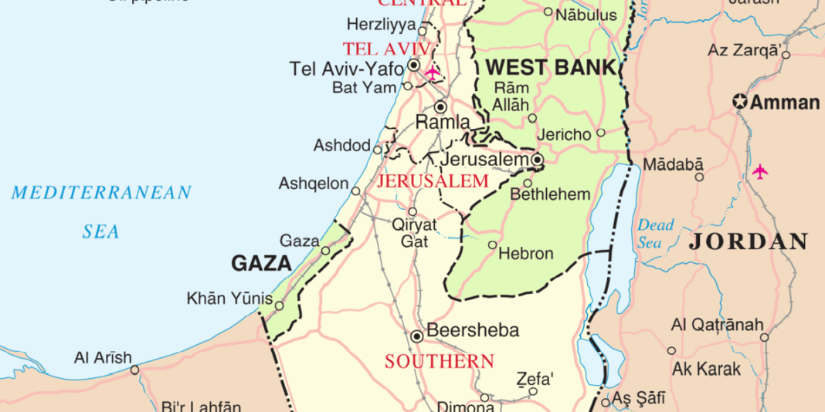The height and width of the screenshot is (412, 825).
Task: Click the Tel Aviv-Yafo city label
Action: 346,68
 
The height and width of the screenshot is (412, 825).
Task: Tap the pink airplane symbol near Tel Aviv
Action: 433,73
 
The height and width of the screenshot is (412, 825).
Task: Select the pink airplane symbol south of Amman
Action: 761,171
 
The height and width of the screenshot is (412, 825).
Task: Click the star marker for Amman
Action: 741,102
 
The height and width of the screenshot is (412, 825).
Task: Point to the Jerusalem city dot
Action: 537,160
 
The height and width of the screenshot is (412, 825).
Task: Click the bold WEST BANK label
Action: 551,67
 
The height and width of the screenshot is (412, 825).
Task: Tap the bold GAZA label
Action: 261,264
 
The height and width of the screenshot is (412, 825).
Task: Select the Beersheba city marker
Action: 417,336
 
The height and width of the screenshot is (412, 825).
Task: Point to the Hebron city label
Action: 526,253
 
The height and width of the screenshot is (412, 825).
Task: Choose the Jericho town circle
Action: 601,133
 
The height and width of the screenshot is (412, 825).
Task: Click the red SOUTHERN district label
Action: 440,361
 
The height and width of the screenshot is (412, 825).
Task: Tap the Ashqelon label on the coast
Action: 314,184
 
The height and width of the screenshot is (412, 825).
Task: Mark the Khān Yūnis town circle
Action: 280,306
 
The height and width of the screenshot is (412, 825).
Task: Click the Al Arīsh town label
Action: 103,358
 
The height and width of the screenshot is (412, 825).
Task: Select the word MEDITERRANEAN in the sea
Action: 100,193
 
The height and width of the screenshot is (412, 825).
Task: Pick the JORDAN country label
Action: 749,241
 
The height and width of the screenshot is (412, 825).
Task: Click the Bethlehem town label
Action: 550,194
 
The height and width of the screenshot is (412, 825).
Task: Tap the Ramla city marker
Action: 441,107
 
